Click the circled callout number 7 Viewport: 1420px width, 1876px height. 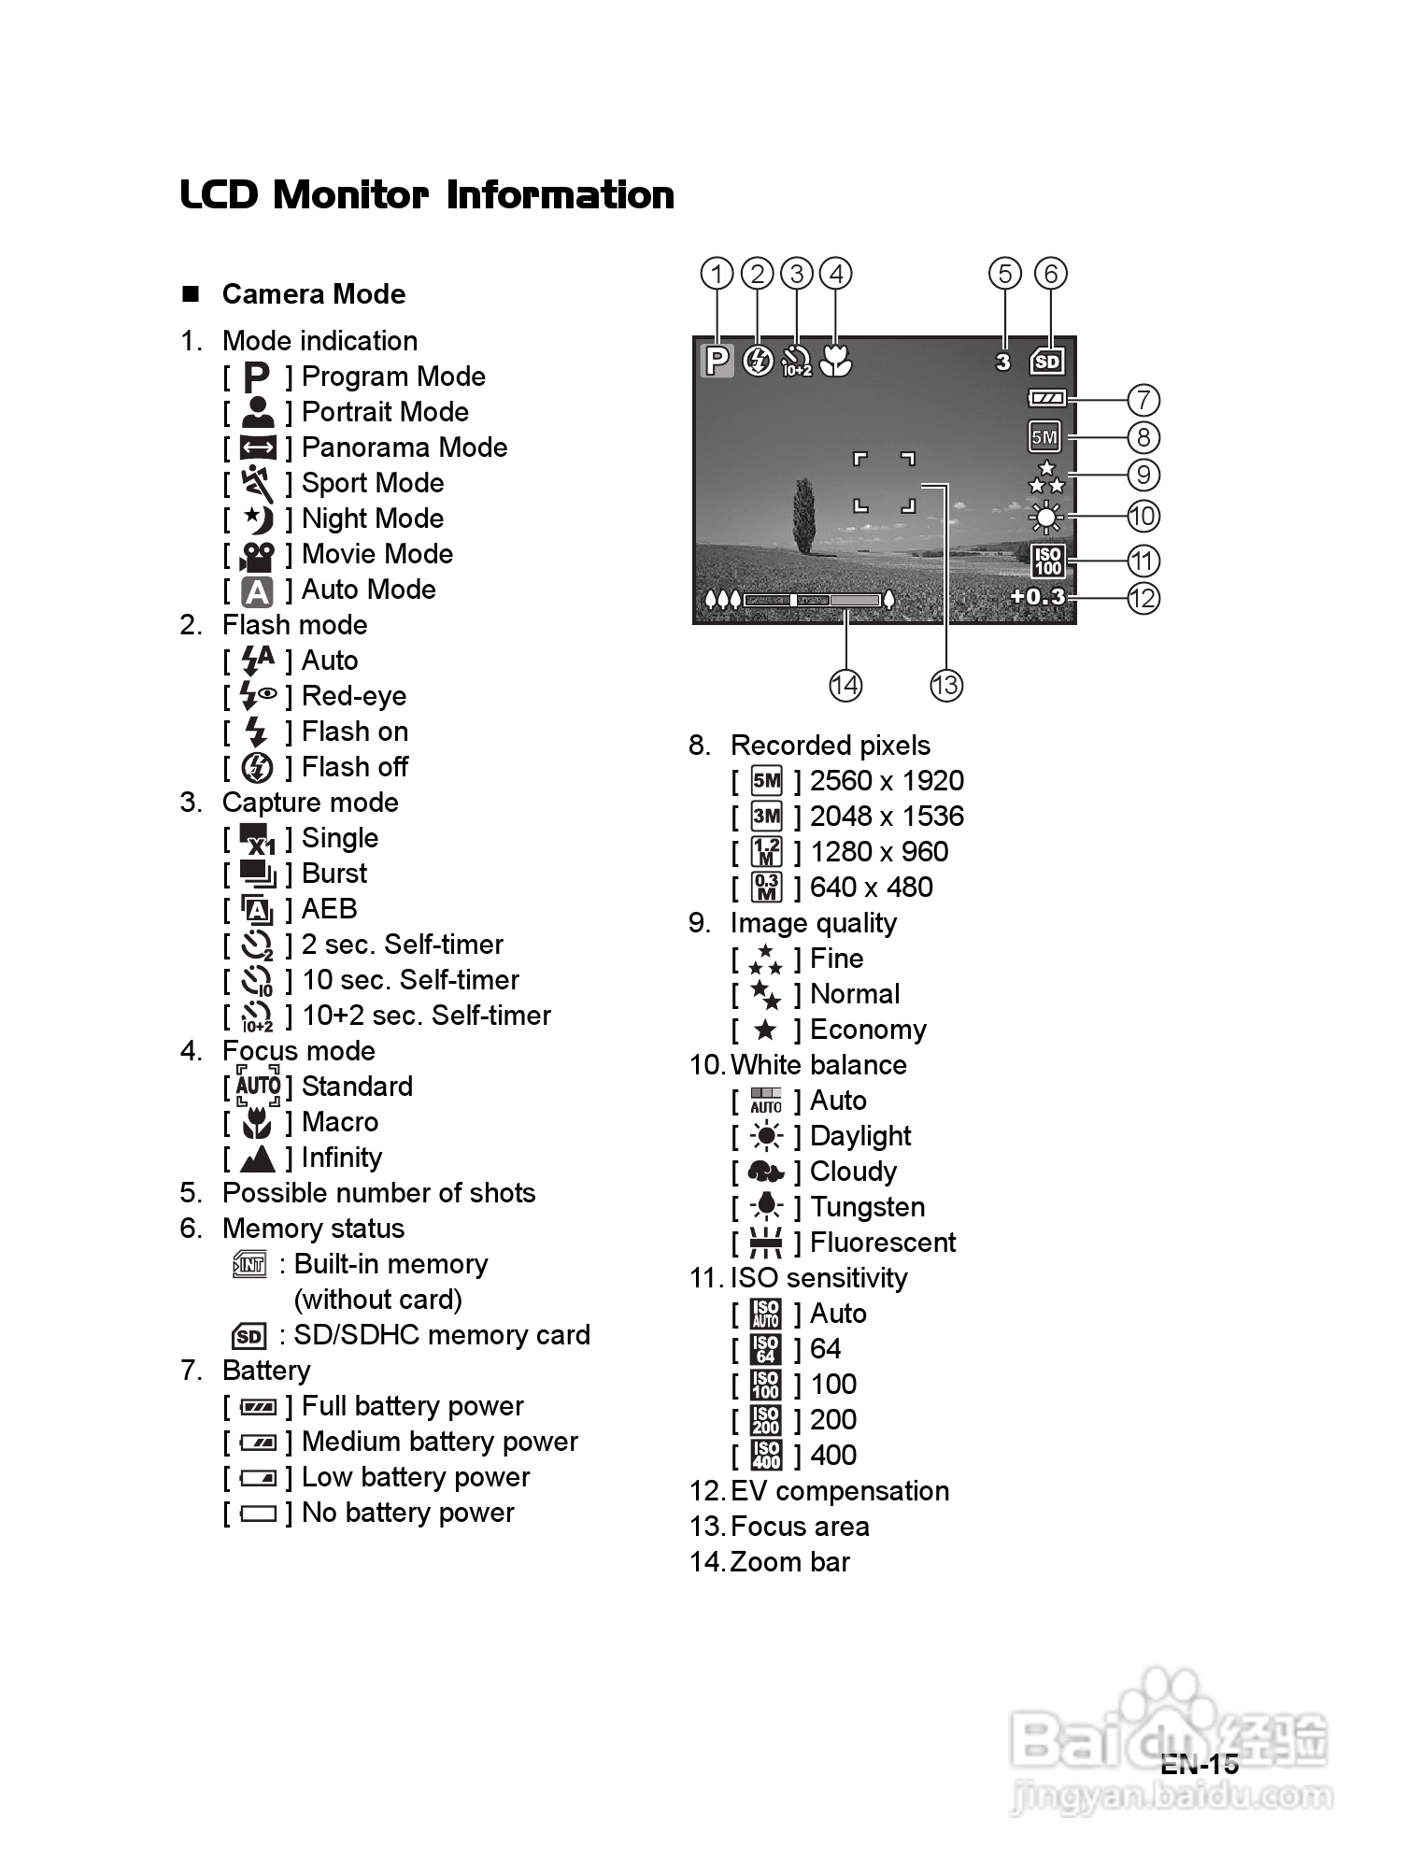pyautogui.click(x=1143, y=400)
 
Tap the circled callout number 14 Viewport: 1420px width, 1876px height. pyautogui.click(x=845, y=685)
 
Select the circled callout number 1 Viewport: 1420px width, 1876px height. pyautogui.click(x=717, y=274)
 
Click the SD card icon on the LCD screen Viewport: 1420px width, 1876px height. pyautogui.click(x=1047, y=362)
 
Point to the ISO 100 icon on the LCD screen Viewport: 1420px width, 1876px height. pyautogui.click(x=1047, y=561)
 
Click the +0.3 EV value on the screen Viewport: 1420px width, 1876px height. pyautogui.click(x=1037, y=596)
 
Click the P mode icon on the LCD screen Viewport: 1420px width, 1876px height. pyautogui.click(x=717, y=361)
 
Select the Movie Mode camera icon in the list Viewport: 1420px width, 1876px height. pyautogui.click(x=257, y=555)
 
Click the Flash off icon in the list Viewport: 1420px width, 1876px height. pyautogui.click(x=257, y=768)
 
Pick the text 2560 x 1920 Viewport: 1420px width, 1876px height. pyautogui.click(x=887, y=781)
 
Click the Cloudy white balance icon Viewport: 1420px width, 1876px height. pyautogui.click(x=766, y=1172)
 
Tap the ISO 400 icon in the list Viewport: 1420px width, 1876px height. pyautogui.click(x=766, y=1456)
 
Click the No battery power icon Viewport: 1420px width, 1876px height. pyautogui.click(x=258, y=1514)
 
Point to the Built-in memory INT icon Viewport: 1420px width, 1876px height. pyautogui.click(x=249, y=1265)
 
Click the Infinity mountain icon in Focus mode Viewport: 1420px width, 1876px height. pyautogui.click(x=257, y=1158)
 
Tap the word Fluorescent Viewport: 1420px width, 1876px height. pyautogui.click(x=883, y=1243)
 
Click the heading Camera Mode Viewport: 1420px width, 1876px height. pyautogui.click(x=314, y=294)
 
